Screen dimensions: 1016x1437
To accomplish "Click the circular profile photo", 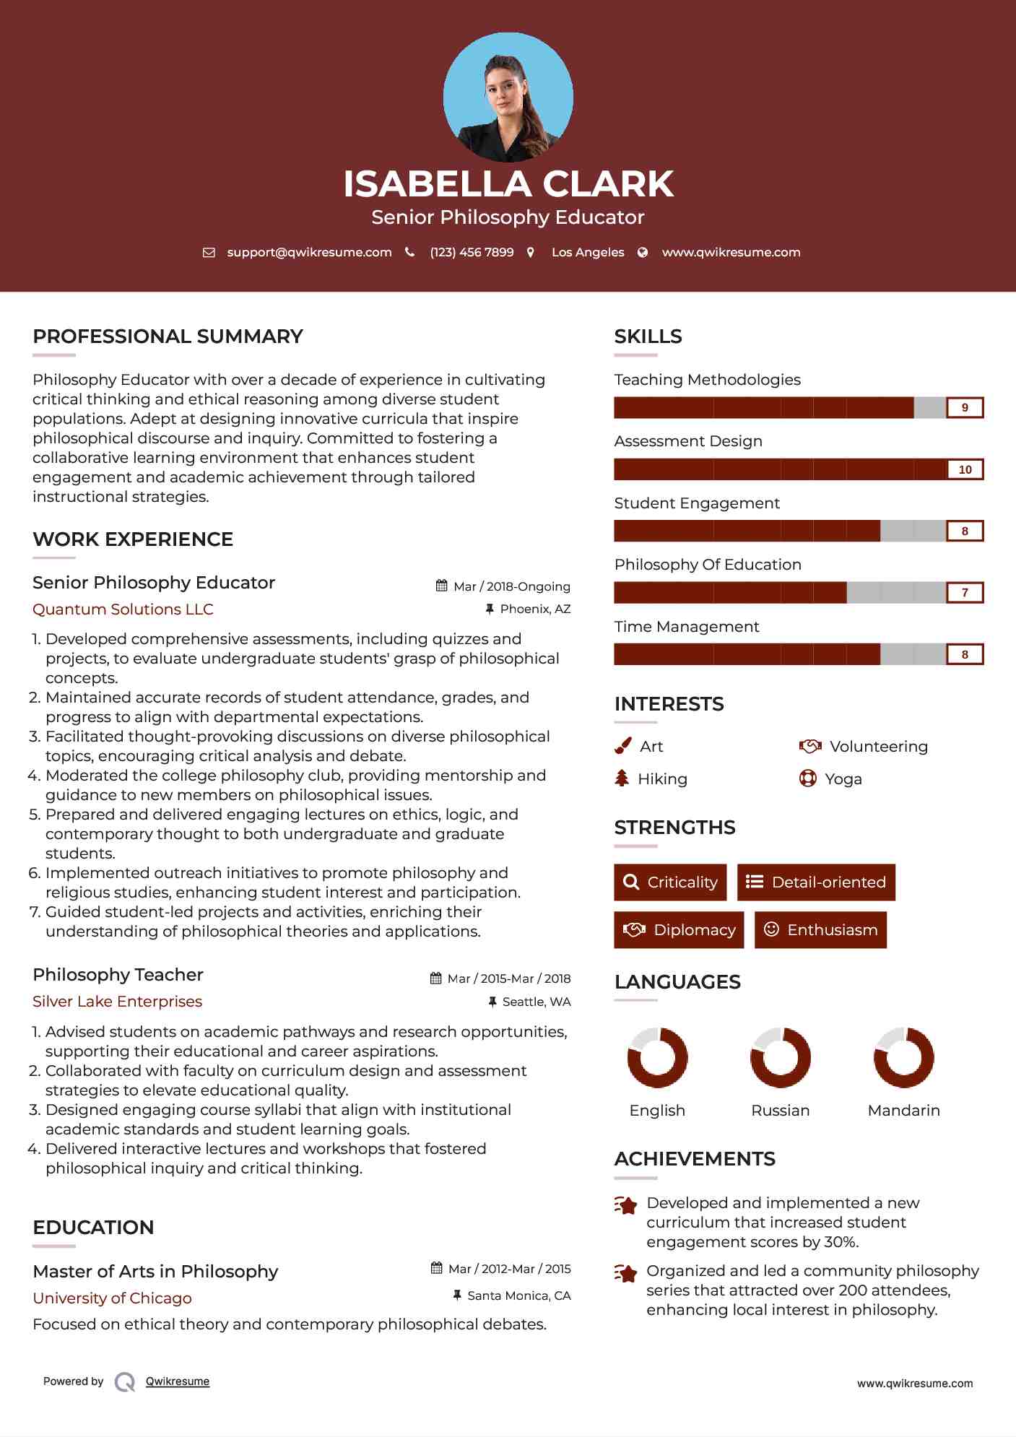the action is point(508,97).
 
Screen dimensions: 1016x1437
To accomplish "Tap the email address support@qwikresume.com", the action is point(309,253).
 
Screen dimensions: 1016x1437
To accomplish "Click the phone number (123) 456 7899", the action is point(472,253).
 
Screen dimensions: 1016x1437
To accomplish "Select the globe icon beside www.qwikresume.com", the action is point(643,253).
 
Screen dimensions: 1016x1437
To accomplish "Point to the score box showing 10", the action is point(965,469).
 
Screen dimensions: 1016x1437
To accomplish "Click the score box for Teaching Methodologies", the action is point(965,408).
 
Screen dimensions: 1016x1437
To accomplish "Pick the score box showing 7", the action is point(965,593).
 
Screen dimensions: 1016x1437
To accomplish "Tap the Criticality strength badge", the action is point(670,882).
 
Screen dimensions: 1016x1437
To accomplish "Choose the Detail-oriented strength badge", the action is point(816,882).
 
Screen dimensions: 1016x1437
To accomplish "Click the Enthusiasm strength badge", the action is point(820,930).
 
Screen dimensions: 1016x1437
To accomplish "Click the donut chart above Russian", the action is point(781,1058).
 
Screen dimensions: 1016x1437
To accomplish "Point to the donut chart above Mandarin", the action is point(904,1058).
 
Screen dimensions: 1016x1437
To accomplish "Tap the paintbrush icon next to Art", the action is point(622,746).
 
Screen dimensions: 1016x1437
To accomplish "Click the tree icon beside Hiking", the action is point(622,778).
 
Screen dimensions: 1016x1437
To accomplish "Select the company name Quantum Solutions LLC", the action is point(123,609).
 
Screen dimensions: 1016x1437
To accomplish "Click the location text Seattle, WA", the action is point(537,1002).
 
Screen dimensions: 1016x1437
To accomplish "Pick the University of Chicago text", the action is point(112,1298).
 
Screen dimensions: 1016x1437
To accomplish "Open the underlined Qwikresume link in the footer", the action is point(178,1381).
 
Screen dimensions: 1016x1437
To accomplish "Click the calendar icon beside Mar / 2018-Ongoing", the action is point(442,586).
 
